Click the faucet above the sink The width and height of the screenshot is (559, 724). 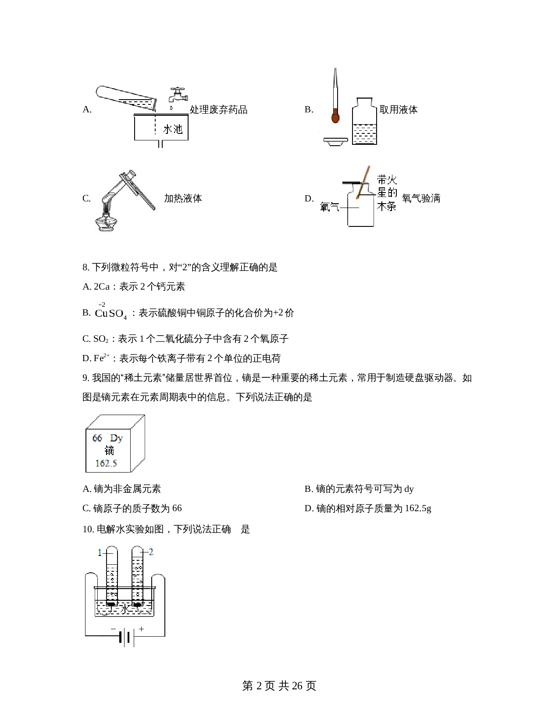(178, 95)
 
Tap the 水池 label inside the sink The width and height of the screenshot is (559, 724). (172, 129)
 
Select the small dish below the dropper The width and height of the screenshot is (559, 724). (335, 141)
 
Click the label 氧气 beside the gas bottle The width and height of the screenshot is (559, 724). (329, 207)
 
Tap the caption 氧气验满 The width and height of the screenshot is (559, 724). (421, 198)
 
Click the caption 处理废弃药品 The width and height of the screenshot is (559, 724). (218, 110)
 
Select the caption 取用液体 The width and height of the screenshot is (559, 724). (398, 110)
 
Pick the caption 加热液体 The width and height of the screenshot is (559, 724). (183, 198)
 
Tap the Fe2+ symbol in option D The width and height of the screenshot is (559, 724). (102, 358)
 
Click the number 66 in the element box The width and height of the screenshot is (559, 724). (97, 438)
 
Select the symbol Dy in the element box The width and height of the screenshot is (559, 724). (117, 438)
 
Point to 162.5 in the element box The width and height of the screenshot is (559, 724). (106, 463)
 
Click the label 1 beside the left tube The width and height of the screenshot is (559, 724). (99, 553)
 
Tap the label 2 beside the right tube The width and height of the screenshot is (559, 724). (151, 552)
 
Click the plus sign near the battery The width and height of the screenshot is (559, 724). (142, 629)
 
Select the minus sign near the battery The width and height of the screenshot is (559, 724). (113, 629)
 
